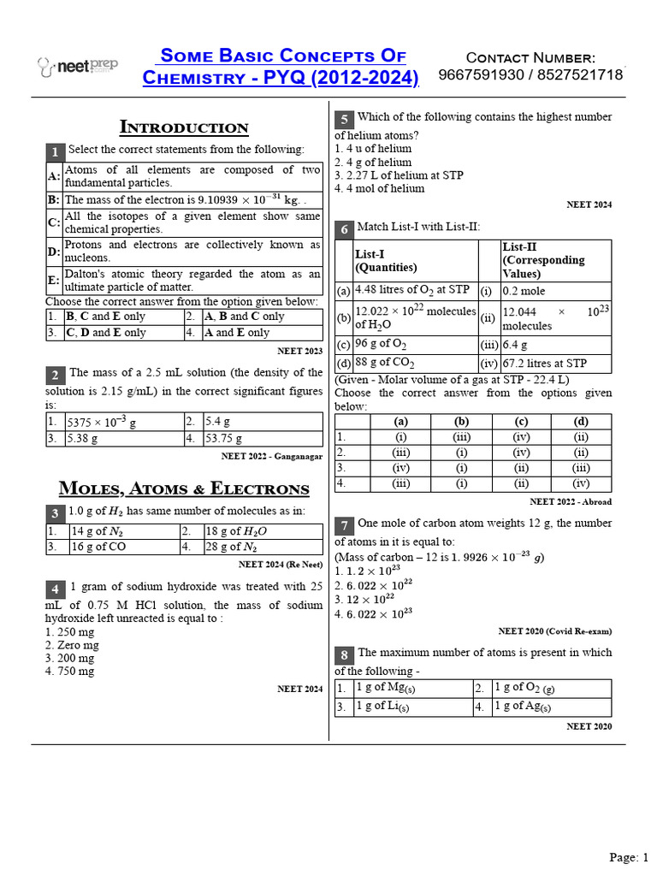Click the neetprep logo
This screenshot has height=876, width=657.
(x=78, y=65)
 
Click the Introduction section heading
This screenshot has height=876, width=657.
(x=184, y=127)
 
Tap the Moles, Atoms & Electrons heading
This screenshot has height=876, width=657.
(x=184, y=488)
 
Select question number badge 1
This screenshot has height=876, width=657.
(x=54, y=151)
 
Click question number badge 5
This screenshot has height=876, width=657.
(x=343, y=119)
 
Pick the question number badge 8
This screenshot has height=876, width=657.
(x=343, y=654)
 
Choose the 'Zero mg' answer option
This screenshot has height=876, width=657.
(x=70, y=645)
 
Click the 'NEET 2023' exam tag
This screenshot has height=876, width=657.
(x=300, y=351)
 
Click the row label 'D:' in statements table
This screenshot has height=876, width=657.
(x=54, y=251)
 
